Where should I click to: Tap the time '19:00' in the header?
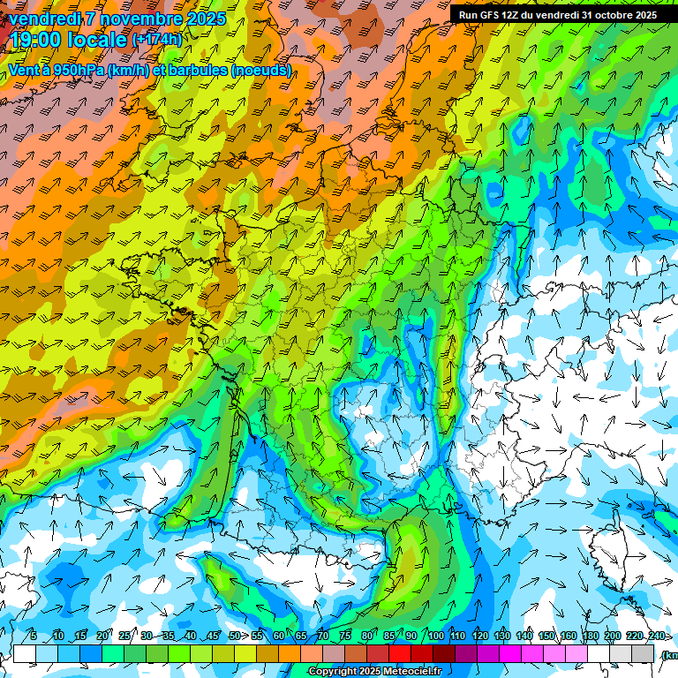pyautogui.click(x=35, y=39)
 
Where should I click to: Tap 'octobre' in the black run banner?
pyautogui.click(x=607, y=15)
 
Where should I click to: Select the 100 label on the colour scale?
pyautogui.click(x=435, y=637)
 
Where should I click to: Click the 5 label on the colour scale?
pyautogui.click(x=33, y=637)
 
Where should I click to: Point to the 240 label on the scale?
pyautogui.click(x=657, y=637)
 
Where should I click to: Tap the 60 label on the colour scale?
pyautogui.click(x=279, y=637)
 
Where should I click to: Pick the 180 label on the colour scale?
pyautogui.click(x=591, y=637)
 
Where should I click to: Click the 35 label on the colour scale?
pyautogui.click(x=169, y=637)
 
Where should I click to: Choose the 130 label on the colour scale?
pyautogui.click(x=501, y=637)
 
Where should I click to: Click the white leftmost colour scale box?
pyautogui.click(x=24, y=653)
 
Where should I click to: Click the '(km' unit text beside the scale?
pyautogui.click(x=669, y=654)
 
